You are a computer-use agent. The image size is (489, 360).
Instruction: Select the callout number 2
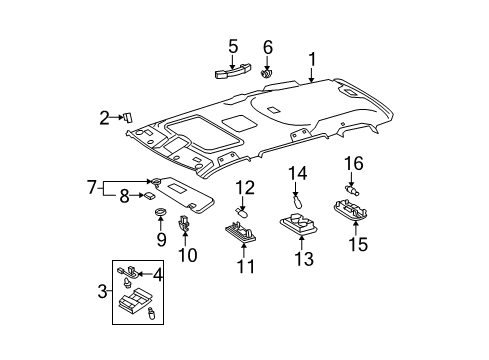(x=103, y=119)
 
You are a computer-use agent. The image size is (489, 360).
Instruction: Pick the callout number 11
(x=245, y=267)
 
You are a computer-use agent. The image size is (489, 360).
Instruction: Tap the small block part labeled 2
(x=129, y=116)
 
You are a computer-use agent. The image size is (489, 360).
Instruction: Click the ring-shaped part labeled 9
(x=160, y=213)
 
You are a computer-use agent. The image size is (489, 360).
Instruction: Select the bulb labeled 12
(x=242, y=211)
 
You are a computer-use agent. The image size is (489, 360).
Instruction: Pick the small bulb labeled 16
(x=352, y=185)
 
